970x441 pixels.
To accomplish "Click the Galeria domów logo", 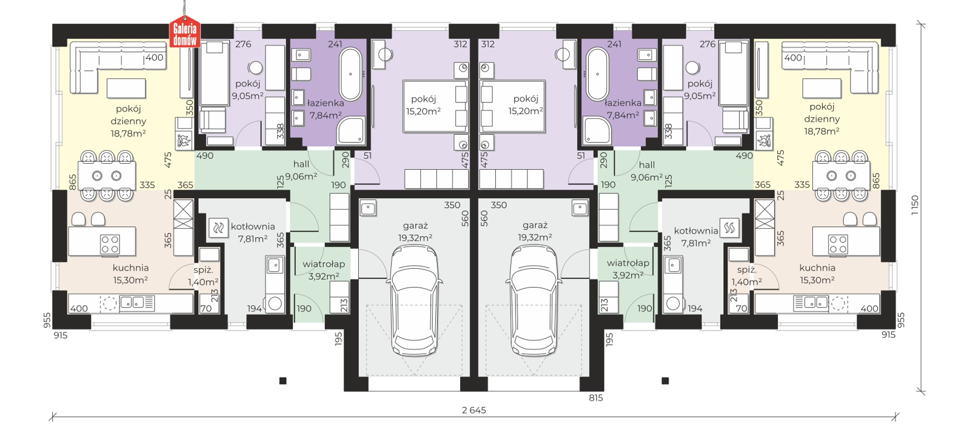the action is (x=184, y=32).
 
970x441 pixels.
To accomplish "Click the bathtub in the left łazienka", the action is (x=350, y=74).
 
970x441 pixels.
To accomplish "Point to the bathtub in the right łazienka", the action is (x=598, y=74).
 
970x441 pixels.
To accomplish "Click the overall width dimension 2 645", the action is (x=473, y=410).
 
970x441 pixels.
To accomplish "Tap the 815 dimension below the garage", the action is (x=595, y=398).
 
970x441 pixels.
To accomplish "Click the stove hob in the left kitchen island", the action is (x=110, y=244).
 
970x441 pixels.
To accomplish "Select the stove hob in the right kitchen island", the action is (x=837, y=244).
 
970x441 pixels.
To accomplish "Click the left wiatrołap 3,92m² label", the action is (x=324, y=269).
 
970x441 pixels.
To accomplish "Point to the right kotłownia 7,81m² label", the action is (x=696, y=237).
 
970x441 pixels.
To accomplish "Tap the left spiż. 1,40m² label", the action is (x=203, y=276).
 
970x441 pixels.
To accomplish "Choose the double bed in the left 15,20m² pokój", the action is (x=436, y=106).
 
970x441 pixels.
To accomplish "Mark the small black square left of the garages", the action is (x=283, y=381).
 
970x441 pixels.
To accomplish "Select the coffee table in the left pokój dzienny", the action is (x=126, y=88).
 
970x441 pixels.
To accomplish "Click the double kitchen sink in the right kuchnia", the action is (x=811, y=302).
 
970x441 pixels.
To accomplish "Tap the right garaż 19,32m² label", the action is (x=535, y=231).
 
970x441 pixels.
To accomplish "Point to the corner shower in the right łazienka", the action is (x=597, y=130).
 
